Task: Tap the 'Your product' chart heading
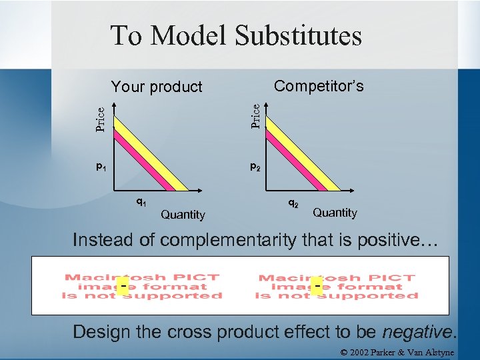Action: point(157,87)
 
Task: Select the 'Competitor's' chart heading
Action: point(319,86)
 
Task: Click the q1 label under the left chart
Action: point(141,201)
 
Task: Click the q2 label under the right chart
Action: point(293,201)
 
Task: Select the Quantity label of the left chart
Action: point(183,215)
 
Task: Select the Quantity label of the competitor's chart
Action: point(335,213)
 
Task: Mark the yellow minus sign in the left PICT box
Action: point(124,286)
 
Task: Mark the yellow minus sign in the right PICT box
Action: point(317,286)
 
